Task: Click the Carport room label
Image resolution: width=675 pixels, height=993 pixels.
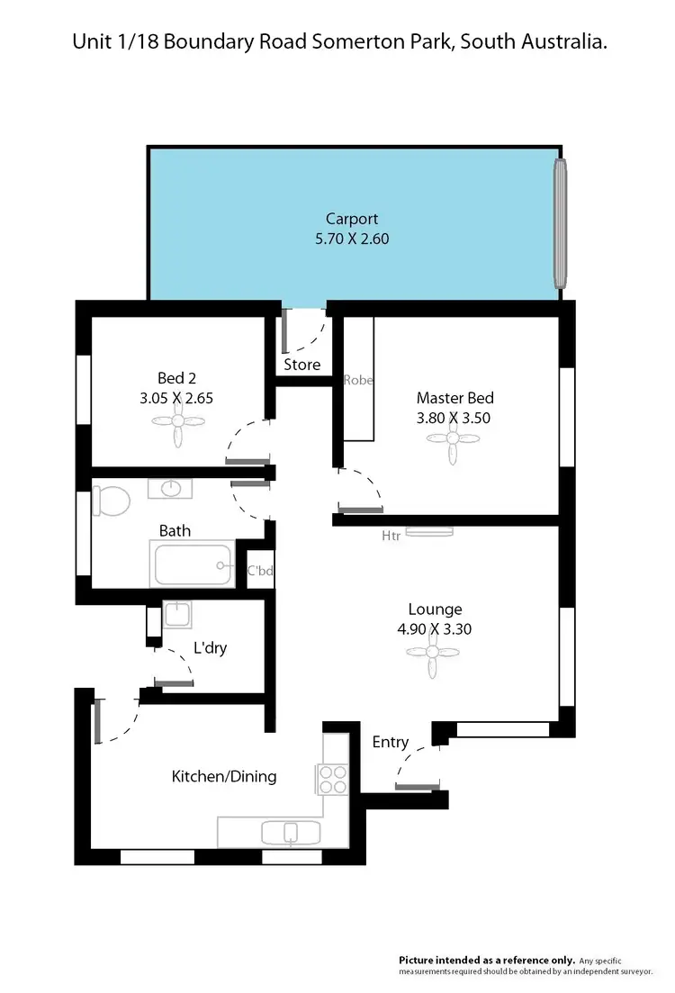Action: coord(351,219)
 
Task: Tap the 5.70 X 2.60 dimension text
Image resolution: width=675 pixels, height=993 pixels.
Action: coord(351,239)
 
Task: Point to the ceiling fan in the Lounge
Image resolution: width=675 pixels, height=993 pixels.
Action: coord(434,653)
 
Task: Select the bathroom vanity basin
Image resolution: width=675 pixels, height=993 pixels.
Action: coord(171,488)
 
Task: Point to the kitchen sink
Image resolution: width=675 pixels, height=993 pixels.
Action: coord(290,832)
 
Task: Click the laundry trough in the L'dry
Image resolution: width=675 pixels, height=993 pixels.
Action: coord(176,615)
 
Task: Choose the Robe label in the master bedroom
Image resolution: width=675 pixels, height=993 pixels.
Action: coord(358,381)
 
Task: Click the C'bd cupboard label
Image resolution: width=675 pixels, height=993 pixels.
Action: coord(260,571)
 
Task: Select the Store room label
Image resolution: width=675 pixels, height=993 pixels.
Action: coord(302,365)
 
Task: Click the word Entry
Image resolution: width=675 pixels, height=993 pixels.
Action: coord(391,742)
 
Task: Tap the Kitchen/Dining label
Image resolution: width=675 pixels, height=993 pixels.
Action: coord(224,776)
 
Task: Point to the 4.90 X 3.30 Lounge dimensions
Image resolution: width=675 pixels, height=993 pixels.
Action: coord(434,629)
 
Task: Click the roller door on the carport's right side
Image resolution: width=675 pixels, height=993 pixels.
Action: coord(560,221)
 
